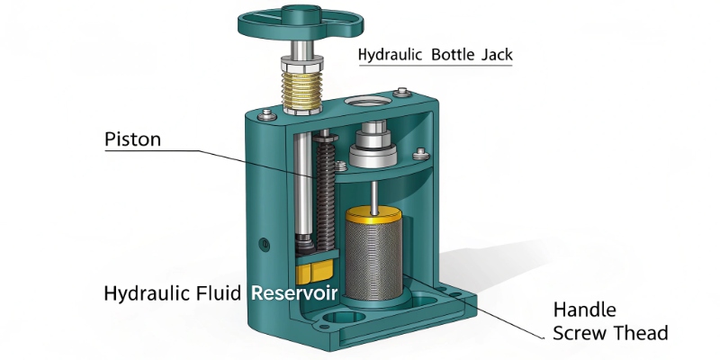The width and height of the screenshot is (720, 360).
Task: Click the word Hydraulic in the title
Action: tap(391, 55)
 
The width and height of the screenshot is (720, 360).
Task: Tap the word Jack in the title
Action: tap(496, 55)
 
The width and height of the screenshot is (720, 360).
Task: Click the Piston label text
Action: tap(133, 139)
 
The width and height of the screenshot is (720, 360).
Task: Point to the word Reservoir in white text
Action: tap(294, 293)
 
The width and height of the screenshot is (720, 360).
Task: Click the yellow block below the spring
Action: tap(313, 271)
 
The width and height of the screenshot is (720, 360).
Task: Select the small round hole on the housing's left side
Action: tap(264, 243)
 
